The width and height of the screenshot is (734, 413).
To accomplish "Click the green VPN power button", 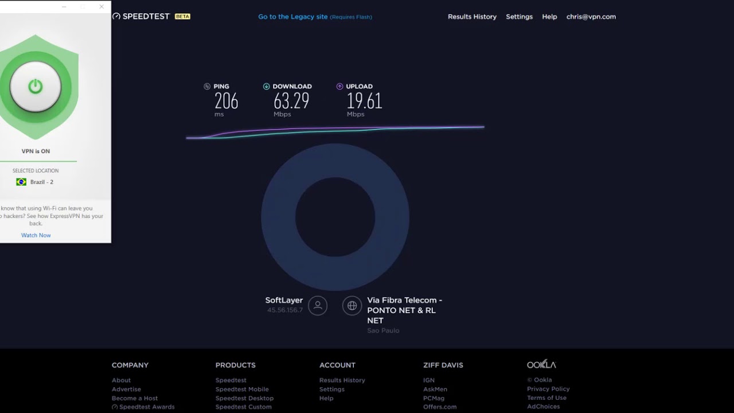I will point(36,87).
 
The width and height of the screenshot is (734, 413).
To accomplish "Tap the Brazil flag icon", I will point(21,182).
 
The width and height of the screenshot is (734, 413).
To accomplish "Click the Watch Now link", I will point(36,235).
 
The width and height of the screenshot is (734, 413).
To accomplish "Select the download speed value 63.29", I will point(291,102).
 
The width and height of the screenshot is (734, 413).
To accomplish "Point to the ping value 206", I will point(226,102).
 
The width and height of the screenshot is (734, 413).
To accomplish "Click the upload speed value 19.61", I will point(364,102).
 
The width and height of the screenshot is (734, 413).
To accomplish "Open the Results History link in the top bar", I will point(472,17).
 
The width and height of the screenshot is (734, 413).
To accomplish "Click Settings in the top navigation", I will point(519,17).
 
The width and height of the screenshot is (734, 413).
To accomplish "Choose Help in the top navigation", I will point(549,17).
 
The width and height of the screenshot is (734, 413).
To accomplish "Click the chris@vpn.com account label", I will point(591,17).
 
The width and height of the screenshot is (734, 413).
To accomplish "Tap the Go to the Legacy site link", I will point(293,17).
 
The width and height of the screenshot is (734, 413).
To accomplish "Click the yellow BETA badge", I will point(182,17).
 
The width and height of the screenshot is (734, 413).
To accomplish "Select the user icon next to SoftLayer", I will point(318,306).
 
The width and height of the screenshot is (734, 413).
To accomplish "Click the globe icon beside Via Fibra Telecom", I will point(352,306).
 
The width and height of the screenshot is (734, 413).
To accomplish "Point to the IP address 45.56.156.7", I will point(284,310).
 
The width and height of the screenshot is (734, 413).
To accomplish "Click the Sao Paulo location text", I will point(383,330).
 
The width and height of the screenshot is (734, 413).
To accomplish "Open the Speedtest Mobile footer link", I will point(242,389).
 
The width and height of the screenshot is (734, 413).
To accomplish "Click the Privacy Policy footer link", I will point(548,389).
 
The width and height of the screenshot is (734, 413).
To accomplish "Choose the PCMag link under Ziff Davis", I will point(434,398).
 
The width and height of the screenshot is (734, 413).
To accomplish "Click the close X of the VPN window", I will point(101,7).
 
